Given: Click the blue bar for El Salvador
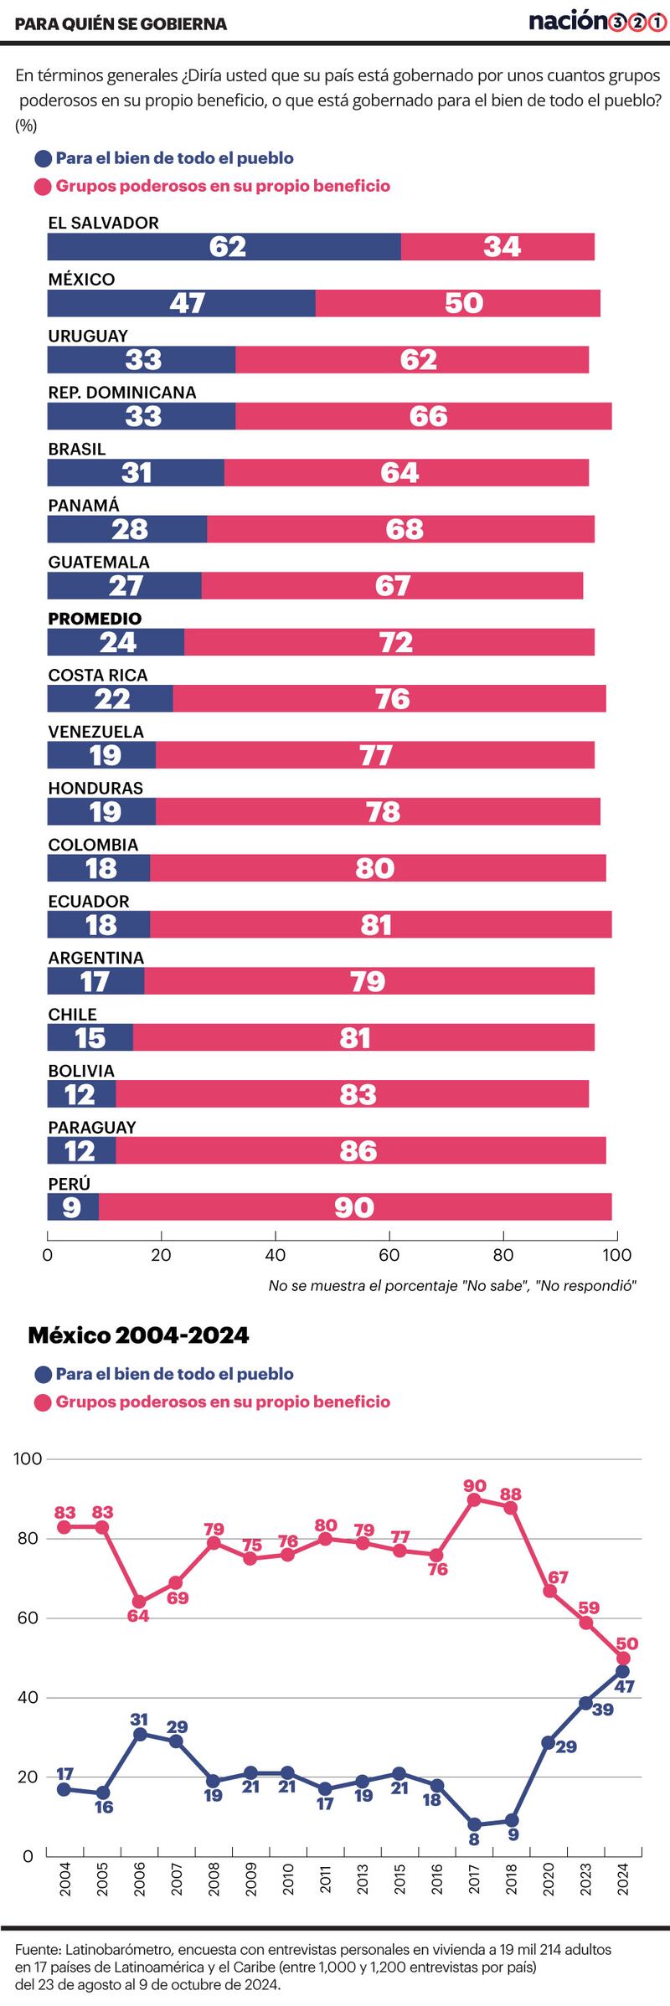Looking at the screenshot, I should [x=224, y=247].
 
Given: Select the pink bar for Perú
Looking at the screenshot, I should [x=355, y=1207].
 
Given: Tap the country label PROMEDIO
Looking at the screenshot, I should [x=95, y=619].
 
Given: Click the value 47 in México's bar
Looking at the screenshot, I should [x=187, y=303].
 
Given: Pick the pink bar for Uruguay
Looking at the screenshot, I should [x=411, y=360].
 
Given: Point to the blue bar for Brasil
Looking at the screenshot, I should [x=136, y=473].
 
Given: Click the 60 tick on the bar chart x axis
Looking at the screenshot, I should [x=389, y=1255].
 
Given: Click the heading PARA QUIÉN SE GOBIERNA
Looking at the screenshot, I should [x=121, y=24].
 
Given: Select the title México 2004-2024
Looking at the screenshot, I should [x=138, y=1335].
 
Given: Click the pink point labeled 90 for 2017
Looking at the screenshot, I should [x=474, y=1499].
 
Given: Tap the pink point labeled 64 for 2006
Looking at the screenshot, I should [x=140, y=1602].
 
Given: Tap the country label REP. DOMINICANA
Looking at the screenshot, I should [x=121, y=393].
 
